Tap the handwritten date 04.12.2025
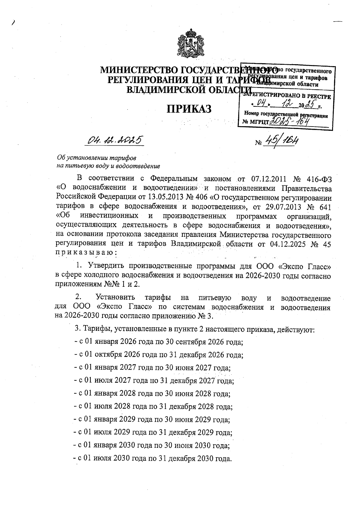coord(114,140)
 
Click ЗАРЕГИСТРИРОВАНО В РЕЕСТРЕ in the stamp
coord(287,97)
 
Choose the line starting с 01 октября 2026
coord(158,355)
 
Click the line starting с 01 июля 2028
coord(153,407)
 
